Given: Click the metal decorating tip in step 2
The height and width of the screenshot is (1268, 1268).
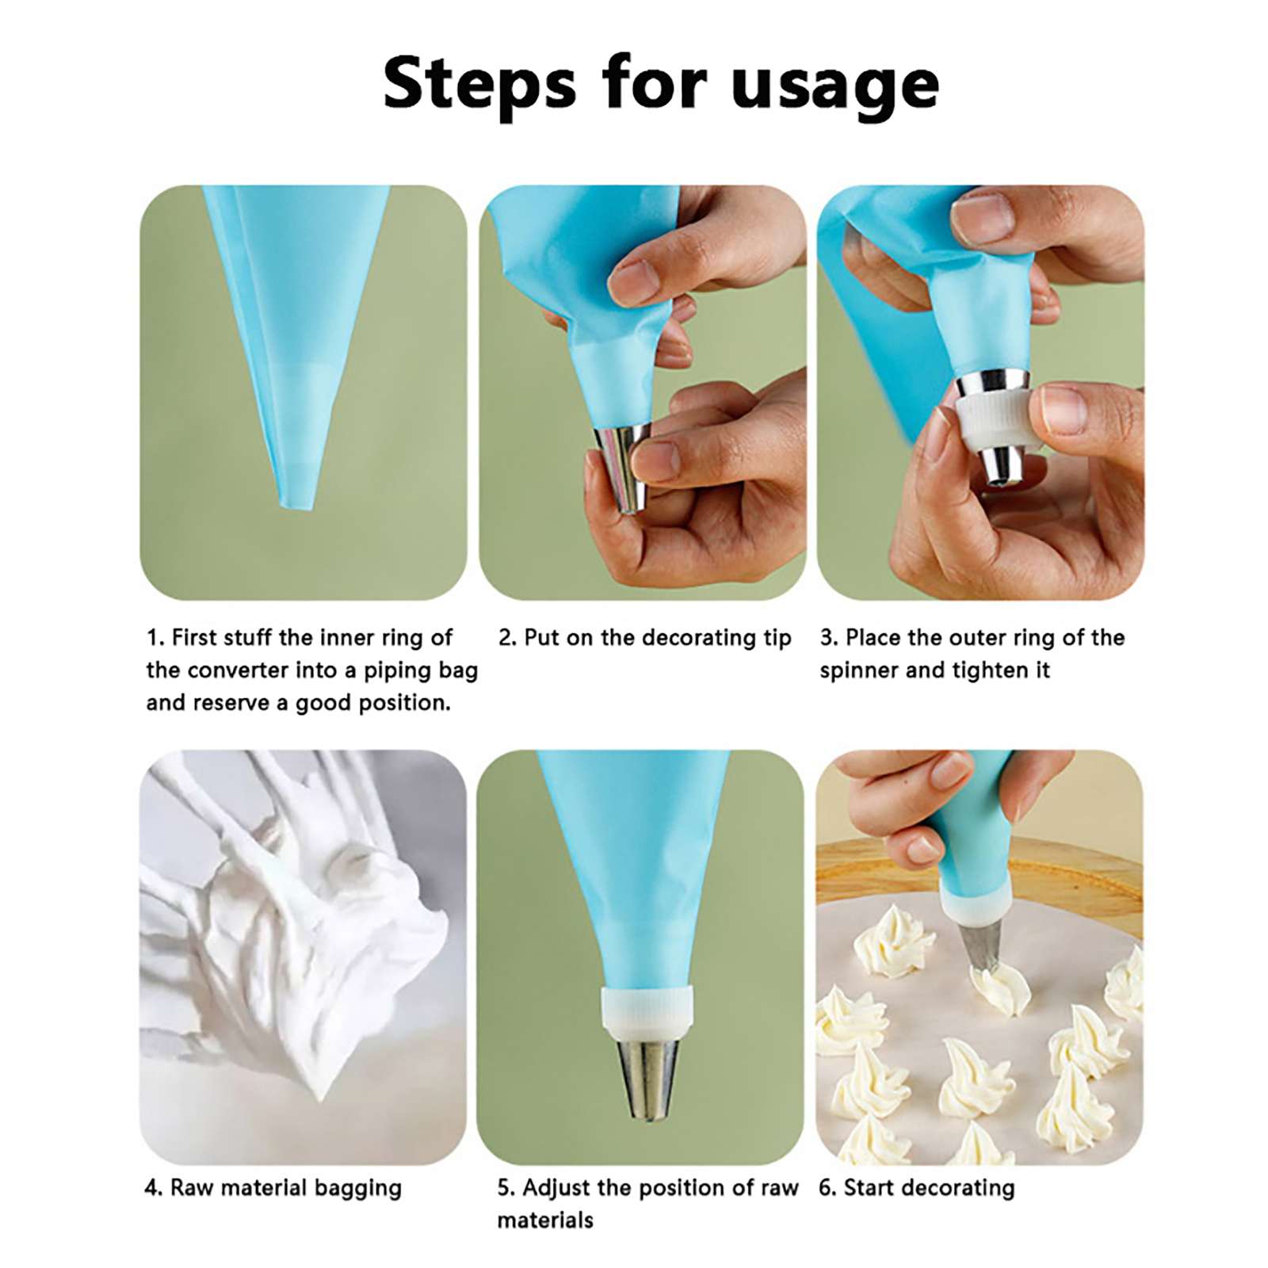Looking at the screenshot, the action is (x=623, y=467).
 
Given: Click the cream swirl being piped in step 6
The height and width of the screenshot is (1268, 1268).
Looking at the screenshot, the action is (x=999, y=988).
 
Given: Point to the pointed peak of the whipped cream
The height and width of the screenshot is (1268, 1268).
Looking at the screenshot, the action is (x=319, y=1092).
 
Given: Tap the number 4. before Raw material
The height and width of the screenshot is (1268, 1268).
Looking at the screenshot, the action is (x=154, y=1189).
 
